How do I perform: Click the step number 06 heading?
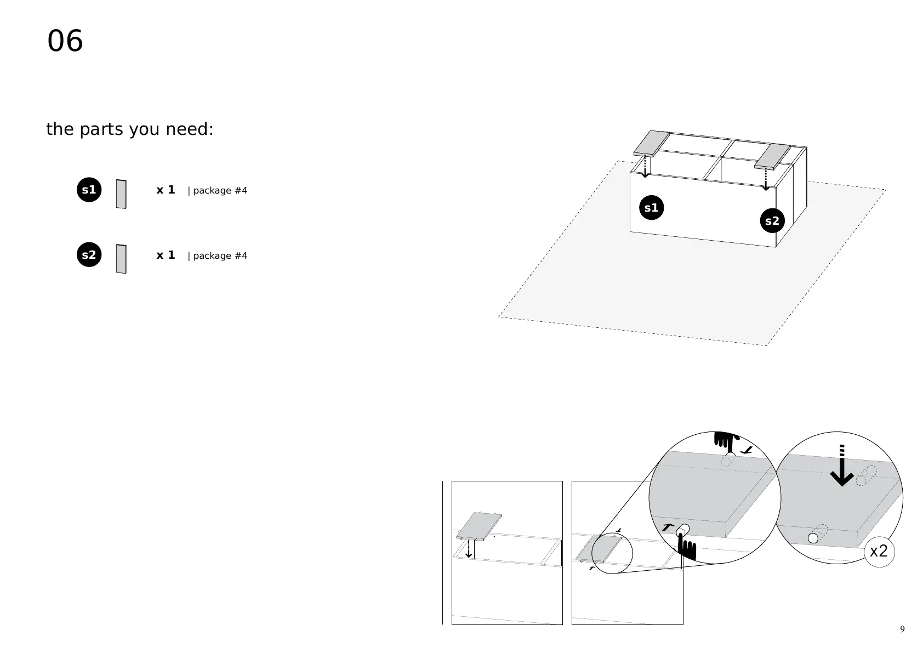click(65, 41)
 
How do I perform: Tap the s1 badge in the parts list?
click(89, 190)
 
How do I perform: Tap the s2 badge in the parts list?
click(89, 255)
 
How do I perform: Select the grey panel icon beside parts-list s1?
click(121, 194)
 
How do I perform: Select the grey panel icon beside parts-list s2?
click(121, 259)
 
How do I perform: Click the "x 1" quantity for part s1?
click(166, 190)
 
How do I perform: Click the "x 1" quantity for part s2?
click(166, 255)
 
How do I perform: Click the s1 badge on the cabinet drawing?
click(651, 208)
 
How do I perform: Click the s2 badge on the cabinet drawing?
click(772, 221)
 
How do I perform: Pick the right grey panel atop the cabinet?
click(772, 156)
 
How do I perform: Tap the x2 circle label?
click(879, 551)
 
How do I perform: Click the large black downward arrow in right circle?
click(842, 472)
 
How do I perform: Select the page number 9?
click(902, 629)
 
